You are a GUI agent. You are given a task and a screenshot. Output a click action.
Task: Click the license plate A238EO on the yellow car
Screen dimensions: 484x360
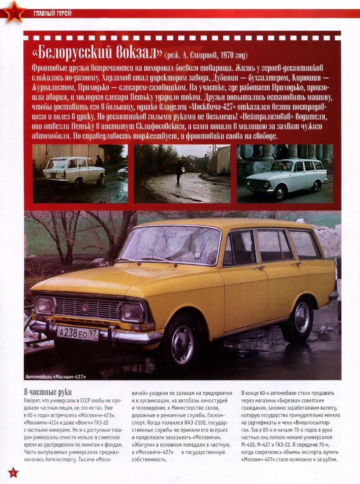click(78, 333)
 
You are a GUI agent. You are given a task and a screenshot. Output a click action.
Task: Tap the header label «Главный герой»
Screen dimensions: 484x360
click(52, 13)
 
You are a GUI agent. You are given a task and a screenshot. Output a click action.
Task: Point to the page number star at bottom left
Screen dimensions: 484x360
click(13, 473)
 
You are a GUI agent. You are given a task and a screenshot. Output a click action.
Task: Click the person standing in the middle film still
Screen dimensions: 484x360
click(180, 171)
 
